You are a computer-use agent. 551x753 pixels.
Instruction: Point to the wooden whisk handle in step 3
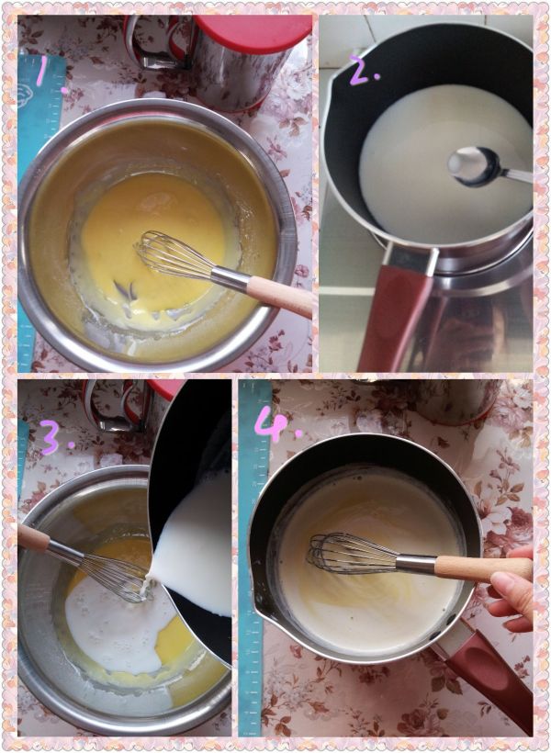click(33, 537)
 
